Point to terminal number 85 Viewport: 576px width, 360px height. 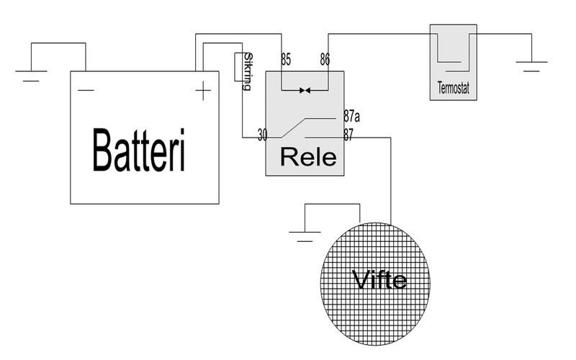coord(286,61)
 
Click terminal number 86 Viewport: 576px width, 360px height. coord(325,61)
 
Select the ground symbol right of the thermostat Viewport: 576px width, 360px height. coord(531,68)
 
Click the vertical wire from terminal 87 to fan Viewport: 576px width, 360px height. coord(390,180)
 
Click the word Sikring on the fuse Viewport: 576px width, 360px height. coord(248,71)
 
